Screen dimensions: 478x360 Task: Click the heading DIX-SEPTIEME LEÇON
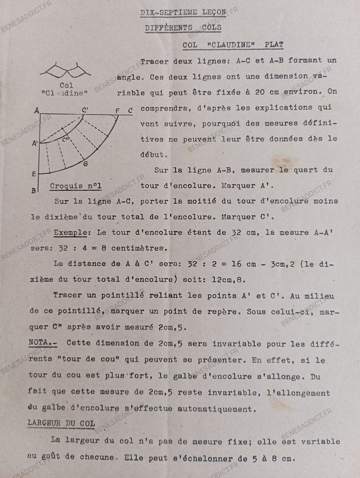183,12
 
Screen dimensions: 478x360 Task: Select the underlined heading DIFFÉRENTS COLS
183,28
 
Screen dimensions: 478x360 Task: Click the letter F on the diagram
117,110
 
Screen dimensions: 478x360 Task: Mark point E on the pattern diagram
34,173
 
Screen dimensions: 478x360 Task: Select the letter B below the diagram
34,190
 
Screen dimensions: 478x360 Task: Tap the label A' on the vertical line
35,143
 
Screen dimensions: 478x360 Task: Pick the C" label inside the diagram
66,138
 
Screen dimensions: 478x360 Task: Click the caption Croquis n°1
76,186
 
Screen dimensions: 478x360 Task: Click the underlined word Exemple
71,233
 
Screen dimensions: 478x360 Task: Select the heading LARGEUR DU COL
61,423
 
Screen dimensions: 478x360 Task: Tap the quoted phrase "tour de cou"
82,359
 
